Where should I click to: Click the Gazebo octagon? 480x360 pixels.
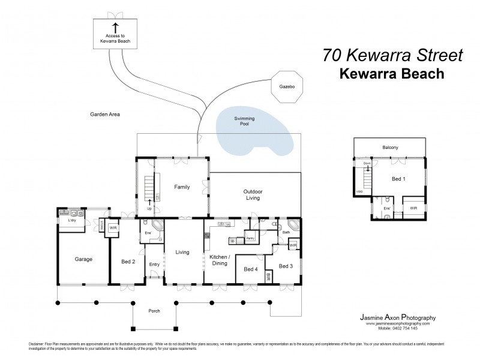(287, 86)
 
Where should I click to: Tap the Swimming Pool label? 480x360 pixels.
(244, 121)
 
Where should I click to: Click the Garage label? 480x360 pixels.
(83, 259)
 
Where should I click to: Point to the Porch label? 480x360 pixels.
(154, 311)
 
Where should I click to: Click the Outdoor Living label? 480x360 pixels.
(253, 194)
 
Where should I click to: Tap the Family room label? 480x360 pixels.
(182, 187)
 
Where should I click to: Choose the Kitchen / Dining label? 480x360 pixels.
(218, 260)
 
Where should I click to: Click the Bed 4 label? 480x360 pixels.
(251, 269)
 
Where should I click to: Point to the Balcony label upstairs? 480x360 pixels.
(390, 147)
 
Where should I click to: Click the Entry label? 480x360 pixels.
(155, 264)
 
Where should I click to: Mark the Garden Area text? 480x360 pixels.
(105, 113)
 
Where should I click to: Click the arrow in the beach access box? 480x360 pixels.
(115, 27)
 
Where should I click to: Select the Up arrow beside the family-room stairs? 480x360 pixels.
(149, 203)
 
